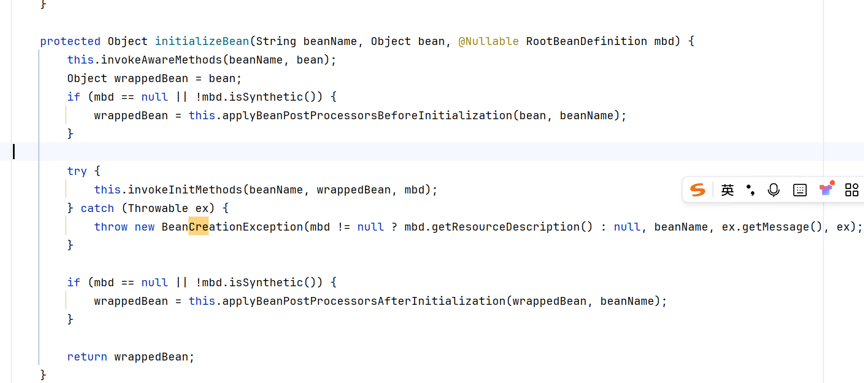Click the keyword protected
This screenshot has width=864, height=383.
(x=70, y=41)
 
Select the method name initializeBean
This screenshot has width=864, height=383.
(x=202, y=41)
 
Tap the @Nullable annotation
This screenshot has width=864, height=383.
(x=488, y=41)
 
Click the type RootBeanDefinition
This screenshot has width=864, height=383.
(x=586, y=41)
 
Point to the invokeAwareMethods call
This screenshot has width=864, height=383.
(x=161, y=60)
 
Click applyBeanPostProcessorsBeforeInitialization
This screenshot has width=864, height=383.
(x=367, y=115)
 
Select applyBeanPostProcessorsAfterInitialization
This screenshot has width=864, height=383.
(x=364, y=301)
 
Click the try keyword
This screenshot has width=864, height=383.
(x=77, y=171)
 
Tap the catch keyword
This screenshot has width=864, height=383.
(x=97, y=208)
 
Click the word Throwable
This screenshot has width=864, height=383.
(x=157, y=208)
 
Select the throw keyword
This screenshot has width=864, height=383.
(x=111, y=227)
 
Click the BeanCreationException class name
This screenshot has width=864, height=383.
(x=232, y=227)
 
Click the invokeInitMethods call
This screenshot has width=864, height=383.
(x=184, y=190)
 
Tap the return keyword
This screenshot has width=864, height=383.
(x=87, y=357)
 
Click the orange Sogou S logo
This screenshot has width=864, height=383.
(x=697, y=190)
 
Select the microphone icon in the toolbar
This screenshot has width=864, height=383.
(x=773, y=190)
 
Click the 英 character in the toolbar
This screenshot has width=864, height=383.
(x=727, y=190)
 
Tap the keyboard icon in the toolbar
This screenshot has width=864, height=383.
(x=799, y=190)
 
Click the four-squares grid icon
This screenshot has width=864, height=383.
(x=852, y=190)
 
